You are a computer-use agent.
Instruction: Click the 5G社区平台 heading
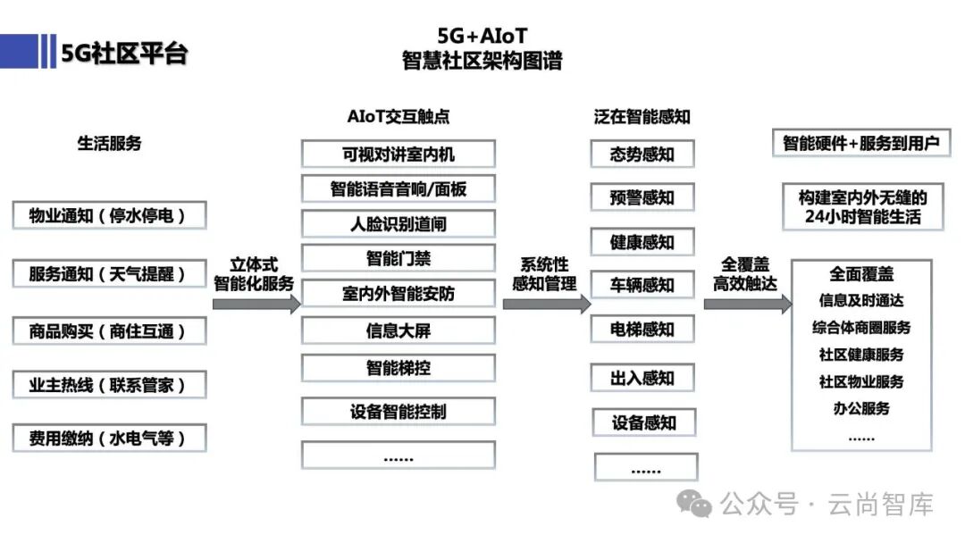(124, 53)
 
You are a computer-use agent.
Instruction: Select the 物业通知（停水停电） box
(109, 215)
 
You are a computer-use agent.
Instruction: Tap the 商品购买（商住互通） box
(109, 331)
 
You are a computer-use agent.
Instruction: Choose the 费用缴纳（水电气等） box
(109, 439)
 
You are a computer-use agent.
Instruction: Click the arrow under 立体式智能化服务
(256, 304)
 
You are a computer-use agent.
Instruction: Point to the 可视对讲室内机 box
(398, 154)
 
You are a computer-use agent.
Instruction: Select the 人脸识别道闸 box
(398, 223)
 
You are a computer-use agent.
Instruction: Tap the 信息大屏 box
(398, 330)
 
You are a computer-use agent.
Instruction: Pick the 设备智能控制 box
(398, 412)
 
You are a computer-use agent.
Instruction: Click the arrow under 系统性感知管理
(546, 304)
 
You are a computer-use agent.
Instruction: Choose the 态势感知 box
(642, 154)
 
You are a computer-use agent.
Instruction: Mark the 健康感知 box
(642, 242)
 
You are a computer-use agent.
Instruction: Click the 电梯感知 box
(642, 329)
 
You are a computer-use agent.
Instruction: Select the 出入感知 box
(642, 378)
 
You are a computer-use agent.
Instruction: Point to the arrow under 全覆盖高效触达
(747, 304)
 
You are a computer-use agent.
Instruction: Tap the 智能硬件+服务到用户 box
(861, 143)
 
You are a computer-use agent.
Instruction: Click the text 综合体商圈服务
(861, 328)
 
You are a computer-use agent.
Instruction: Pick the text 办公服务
(861, 408)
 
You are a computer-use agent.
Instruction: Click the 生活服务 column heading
(109, 143)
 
